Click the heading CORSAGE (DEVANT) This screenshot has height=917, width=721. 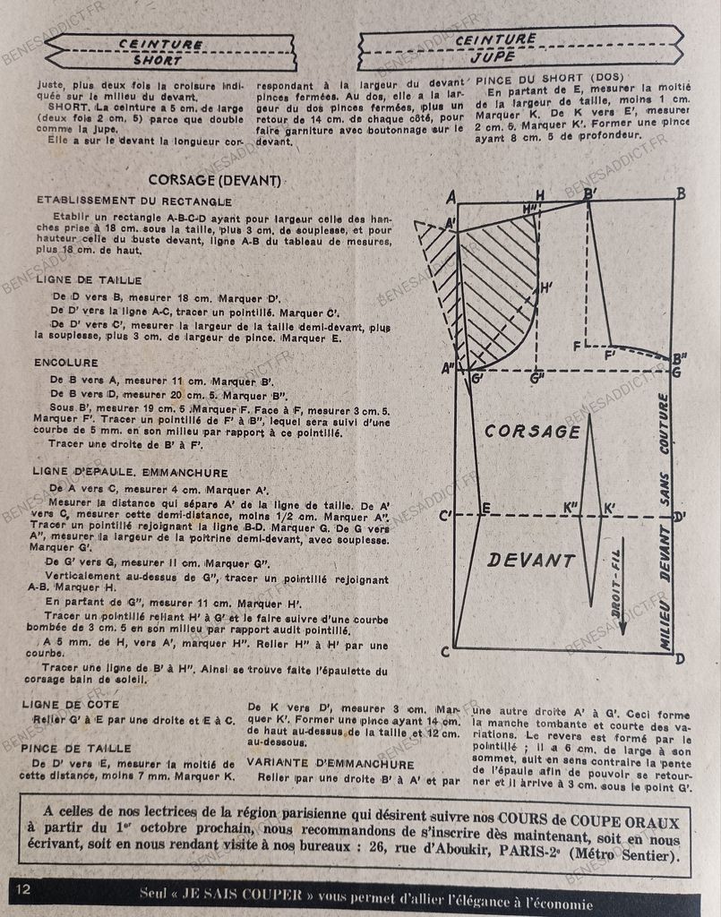coord(215,179)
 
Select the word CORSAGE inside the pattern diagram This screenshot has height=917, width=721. coord(532,432)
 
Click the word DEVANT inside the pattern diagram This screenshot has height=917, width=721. coord(532,561)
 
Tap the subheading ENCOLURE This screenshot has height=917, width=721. coord(67,363)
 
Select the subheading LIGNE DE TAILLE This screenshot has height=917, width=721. coord(90,279)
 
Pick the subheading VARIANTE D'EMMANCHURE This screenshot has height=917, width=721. coord(330,764)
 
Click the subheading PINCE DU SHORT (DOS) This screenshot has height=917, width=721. coord(551,77)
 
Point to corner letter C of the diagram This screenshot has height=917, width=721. coord(445,652)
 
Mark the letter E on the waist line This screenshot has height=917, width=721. coord(486,509)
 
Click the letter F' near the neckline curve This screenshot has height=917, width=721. coord(613,356)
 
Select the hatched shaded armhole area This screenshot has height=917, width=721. coord(497,287)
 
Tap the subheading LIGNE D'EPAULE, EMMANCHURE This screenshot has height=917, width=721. coord(133,472)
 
